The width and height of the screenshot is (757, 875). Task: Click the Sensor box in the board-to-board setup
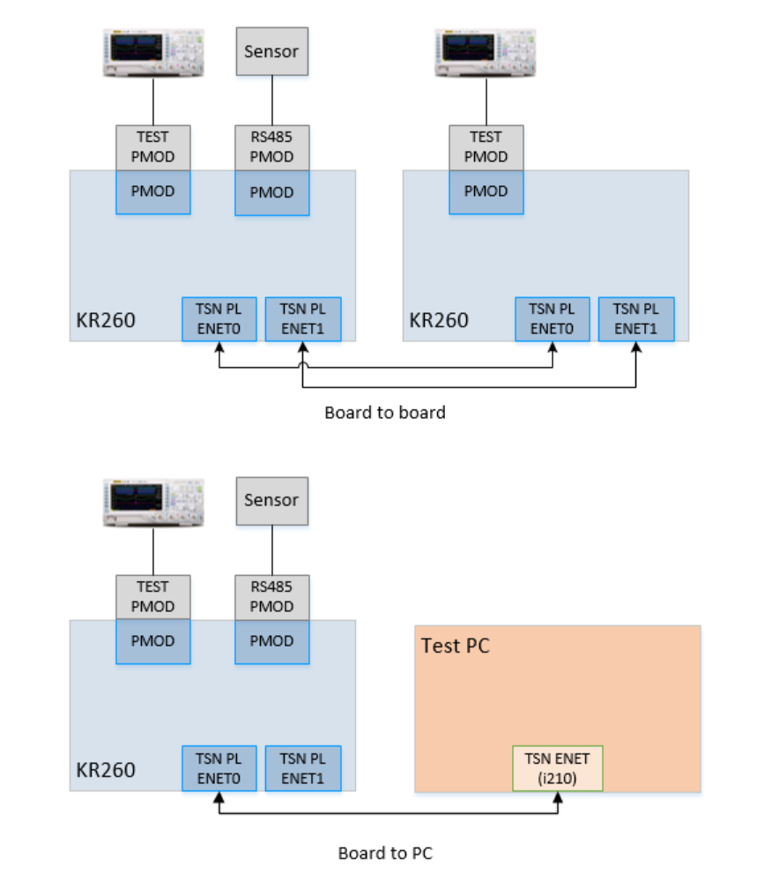(x=271, y=51)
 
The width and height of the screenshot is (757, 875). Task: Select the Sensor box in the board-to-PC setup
(x=271, y=500)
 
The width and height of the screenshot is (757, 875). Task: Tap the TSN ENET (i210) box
(x=557, y=768)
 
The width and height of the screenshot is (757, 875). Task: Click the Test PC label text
(x=455, y=646)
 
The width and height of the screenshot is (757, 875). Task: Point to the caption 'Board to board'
(x=385, y=412)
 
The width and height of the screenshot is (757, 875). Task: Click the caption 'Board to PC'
(x=385, y=853)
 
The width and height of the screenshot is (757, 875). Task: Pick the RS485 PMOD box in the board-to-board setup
(x=271, y=147)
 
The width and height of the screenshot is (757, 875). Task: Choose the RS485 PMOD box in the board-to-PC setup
(x=271, y=596)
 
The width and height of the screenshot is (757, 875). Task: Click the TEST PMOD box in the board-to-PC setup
(x=153, y=596)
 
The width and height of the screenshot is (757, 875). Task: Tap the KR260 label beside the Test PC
(x=104, y=769)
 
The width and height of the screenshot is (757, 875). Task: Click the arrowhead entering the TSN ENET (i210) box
(x=557, y=796)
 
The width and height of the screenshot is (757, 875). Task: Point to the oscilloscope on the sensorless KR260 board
(x=486, y=53)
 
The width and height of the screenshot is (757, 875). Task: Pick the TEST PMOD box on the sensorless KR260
(x=486, y=147)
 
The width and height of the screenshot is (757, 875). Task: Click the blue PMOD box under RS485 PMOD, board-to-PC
(x=271, y=641)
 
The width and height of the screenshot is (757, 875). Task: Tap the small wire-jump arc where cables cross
(x=303, y=367)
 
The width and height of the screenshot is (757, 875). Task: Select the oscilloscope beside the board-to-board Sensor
(x=153, y=53)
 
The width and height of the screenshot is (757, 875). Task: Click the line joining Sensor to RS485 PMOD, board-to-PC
(x=271, y=549)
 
